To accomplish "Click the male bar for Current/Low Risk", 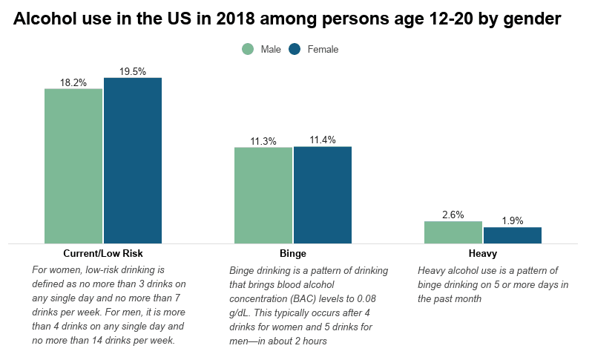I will point(73,166).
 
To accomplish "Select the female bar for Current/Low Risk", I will point(133,160).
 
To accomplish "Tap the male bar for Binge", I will point(263,195).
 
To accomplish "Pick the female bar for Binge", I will point(323,194).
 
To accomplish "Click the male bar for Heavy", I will point(453,232).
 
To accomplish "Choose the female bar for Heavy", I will point(513,235).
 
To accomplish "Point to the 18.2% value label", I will point(73,82).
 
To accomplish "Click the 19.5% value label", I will point(133,72).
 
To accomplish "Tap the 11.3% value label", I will point(263,141).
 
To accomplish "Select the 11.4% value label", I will point(323,140).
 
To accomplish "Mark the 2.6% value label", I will point(453,215).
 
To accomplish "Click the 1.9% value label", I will point(513,220).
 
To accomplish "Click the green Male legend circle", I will point(248,49).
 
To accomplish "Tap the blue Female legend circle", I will point(295,49).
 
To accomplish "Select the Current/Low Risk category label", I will point(103,253).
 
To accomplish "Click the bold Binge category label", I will point(292,253).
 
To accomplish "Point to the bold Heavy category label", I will point(482,253).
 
